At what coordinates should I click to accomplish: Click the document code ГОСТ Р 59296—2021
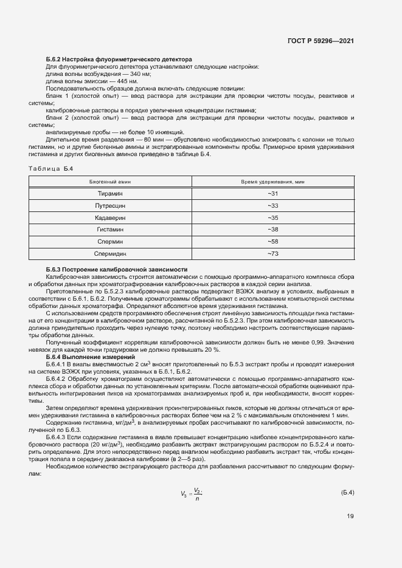click(320, 41)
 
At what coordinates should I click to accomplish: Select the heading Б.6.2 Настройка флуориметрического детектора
click(119, 60)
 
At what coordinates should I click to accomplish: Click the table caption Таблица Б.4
click(50, 169)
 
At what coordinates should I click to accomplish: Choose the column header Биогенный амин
click(110, 182)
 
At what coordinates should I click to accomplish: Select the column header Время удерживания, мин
click(272, 182)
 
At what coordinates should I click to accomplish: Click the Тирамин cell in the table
click(110, 193)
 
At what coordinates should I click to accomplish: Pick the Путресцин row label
click(110, 205)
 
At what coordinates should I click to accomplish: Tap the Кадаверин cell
click(110, 217)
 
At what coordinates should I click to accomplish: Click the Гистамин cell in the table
click(110, 230)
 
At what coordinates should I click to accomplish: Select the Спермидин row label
click(110, 254)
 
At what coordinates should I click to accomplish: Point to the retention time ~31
click(272, 193)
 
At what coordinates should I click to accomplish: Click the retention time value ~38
click(272, 230)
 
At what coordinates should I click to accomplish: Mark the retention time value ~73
click(272, 254)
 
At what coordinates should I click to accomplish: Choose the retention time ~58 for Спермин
click(272, 242)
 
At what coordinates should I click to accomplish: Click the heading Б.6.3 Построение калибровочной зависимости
click(117, 269)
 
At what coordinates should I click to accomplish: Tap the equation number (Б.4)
click(347, 492)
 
